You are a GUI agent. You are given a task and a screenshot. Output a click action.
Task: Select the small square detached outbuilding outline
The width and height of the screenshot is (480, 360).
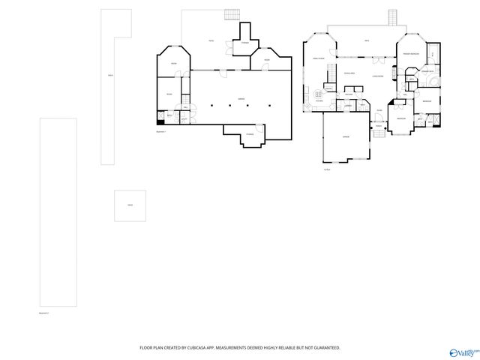click(x=130, y=205)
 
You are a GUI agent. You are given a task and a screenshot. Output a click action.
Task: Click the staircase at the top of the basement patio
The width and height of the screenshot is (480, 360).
click(x=232, y=13)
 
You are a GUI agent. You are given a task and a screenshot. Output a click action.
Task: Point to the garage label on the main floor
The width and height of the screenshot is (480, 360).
click(x=346, y=136)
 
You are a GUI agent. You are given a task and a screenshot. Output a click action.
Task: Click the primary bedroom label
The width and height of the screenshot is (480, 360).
click(x=410, y=55)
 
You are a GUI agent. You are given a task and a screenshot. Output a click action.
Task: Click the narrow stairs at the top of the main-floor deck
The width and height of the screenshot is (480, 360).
click(x=391, y=17)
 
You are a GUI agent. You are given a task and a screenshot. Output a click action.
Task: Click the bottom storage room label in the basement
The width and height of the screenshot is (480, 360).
click(x=250, y=134)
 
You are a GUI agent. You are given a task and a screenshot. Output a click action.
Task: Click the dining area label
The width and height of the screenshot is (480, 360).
click(x=349, y=73)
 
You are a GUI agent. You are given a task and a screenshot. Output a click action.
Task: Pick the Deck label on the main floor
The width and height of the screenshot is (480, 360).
click(x=367, y=40)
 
